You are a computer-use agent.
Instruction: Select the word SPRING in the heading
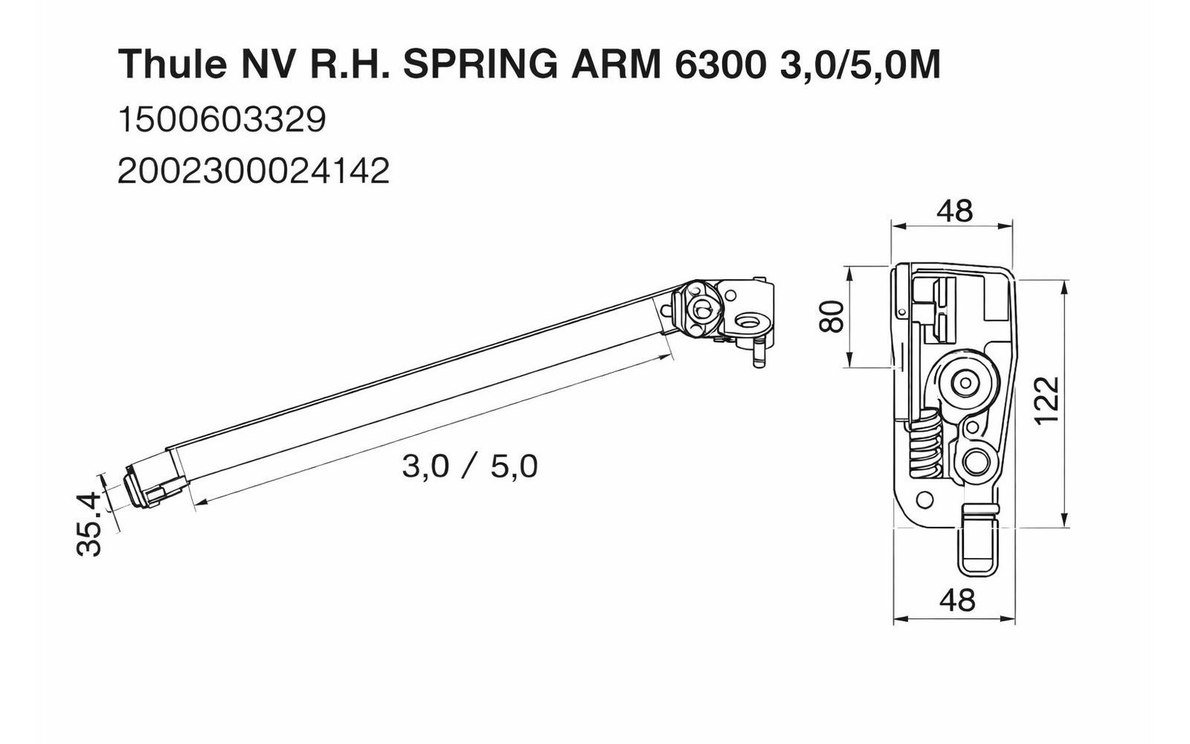(480, 65)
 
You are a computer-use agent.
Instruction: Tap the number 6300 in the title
(719, 65)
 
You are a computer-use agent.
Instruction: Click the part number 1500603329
(222, 120)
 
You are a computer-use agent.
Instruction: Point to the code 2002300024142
(254, 172)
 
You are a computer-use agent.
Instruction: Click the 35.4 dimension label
(89, 524)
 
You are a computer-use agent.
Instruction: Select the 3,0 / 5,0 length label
(469, 466)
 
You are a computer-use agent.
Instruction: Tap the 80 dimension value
(831, 316)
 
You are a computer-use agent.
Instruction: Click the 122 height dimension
(1046, 400)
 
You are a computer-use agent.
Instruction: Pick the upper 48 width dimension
(954, 211)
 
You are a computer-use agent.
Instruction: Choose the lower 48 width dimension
(956, 600)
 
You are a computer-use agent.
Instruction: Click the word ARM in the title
(614, 65)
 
